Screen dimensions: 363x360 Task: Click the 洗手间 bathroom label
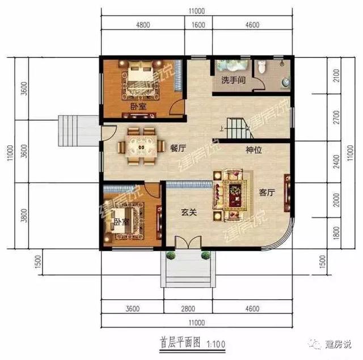[233, 80]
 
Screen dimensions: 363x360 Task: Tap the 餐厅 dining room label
[178, 148]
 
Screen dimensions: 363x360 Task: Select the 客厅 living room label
[267, 192]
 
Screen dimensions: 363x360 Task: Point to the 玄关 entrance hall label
[189, 212]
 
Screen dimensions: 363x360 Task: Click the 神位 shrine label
[254, 150]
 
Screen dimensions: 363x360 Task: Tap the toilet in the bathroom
[261, 66]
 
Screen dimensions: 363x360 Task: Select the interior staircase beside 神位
[239, 128]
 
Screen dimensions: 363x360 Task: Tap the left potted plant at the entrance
[171, 255]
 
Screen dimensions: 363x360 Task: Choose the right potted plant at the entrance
[205, 255]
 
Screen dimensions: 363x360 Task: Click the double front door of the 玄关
[188, 242]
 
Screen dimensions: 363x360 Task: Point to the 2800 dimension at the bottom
[188, 308]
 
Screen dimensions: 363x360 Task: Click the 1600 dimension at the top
[198, 25]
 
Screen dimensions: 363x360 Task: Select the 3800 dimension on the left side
[24, 215]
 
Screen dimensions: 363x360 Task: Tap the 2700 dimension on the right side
[336, 118]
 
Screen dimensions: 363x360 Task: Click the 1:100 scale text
[216, 344]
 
